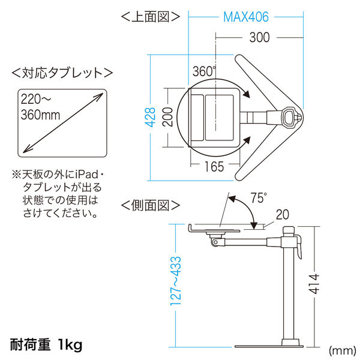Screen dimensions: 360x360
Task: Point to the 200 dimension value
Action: (x=171, y=118)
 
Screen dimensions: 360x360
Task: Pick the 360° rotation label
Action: (x=204, y=71)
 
